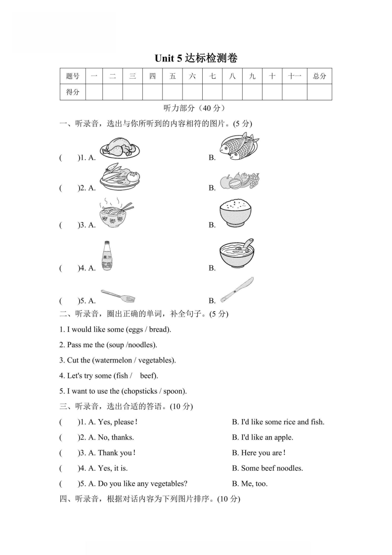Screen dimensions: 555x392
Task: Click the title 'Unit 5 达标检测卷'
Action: click(196, 58)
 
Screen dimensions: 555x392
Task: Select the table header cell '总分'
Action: click(319, 76)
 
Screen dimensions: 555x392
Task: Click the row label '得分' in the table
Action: click(73, 92)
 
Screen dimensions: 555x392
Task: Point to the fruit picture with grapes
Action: click(240, 181)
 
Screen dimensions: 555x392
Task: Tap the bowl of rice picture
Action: click(235, 213)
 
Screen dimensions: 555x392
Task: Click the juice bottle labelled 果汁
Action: click(107, 256)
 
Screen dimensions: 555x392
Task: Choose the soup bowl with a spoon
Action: click(238, 253)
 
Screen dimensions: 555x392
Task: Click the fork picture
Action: click(118, 296)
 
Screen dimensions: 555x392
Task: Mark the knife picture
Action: click(237, 290)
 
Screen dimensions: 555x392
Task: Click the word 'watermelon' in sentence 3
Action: click(113, 360)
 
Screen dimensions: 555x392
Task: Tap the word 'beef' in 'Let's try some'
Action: click(147, 375)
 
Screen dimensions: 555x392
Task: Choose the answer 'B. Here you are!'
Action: click(259, 453)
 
